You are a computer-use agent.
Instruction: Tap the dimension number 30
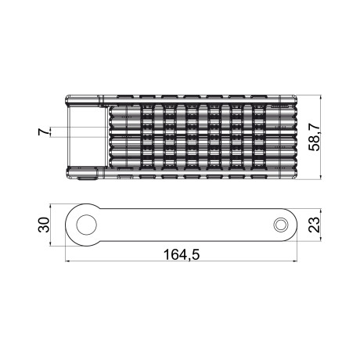click(45, 225)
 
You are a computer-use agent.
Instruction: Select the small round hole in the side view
click(279, 225)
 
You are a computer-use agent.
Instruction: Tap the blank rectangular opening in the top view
click(86, 138)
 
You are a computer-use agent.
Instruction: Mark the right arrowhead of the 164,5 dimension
click(296, 262)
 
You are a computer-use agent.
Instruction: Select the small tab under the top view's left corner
click(85, 178)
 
